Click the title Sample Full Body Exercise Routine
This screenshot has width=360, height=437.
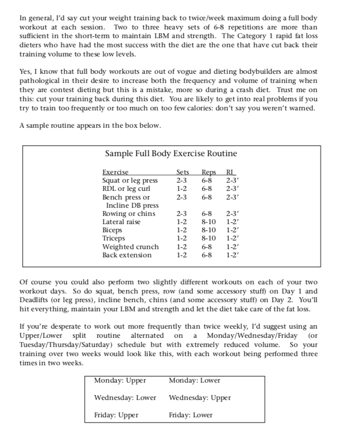point(171,154)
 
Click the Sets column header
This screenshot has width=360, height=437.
point(183,172)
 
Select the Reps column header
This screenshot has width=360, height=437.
point(208,172)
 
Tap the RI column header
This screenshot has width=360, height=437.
point(231,172)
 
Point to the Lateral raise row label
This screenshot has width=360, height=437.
point(121,222)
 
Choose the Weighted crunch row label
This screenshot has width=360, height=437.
point(130,247)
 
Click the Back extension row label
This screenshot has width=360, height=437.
point(127,255)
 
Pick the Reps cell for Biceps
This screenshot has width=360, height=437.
point(208,230)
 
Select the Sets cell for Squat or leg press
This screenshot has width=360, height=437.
point(182,181)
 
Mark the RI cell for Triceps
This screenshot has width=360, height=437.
point(233,238)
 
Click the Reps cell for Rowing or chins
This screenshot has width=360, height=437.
point(207,213)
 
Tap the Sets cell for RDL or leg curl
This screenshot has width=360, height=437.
point(182,189)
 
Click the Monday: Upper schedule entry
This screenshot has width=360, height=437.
point(120,381)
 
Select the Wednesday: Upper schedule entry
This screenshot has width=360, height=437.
point(200,398)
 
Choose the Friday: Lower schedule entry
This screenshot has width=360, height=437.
point(190,415)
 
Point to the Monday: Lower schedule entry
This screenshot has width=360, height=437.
point(194,381)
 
